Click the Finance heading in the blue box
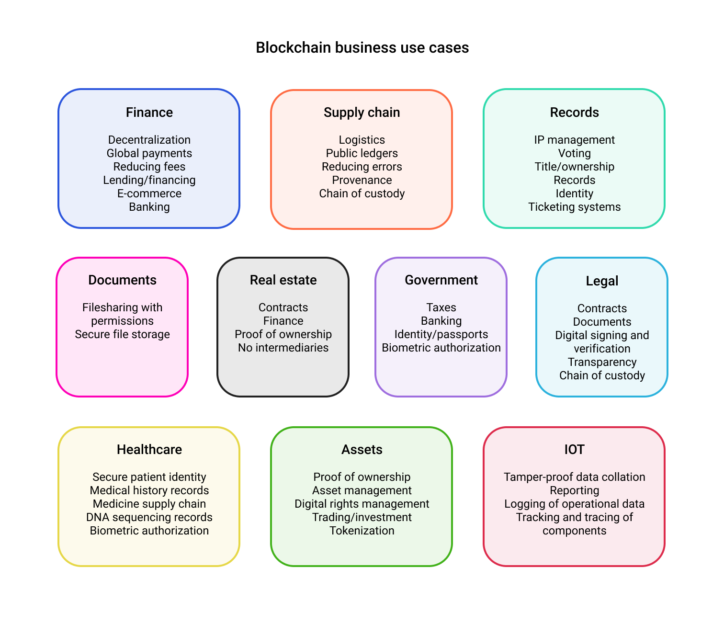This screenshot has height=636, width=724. point(149,113)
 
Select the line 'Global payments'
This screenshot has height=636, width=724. point(149,153)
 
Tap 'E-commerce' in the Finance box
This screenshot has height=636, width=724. point(149,193)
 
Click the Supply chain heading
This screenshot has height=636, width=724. point(362,113)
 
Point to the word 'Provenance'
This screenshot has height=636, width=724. point(362,180)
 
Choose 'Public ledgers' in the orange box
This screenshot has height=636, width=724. point(362,153)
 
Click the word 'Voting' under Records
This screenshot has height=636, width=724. point(574,153)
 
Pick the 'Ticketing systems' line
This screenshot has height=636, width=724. point(574,207)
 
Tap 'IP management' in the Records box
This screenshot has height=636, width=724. point(574,140)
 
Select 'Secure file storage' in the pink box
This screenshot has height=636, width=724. point(122,334)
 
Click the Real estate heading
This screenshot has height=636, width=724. point(283,280)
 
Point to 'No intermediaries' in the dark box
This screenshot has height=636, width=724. point(283,348)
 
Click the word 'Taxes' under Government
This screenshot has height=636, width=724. point(441,307)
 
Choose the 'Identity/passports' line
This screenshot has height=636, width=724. point(441,334)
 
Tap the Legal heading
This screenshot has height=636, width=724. point(602,281)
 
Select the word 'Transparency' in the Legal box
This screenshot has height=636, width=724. point(602,362)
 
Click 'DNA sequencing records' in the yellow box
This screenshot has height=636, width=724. point(149,517)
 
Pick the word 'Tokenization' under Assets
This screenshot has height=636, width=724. point(362,531)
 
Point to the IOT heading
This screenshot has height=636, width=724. point(574,450)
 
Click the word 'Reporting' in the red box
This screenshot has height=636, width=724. point(574,490)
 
